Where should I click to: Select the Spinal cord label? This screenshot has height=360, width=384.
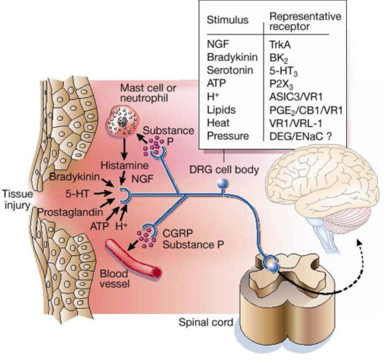click(x=205, y=323)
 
